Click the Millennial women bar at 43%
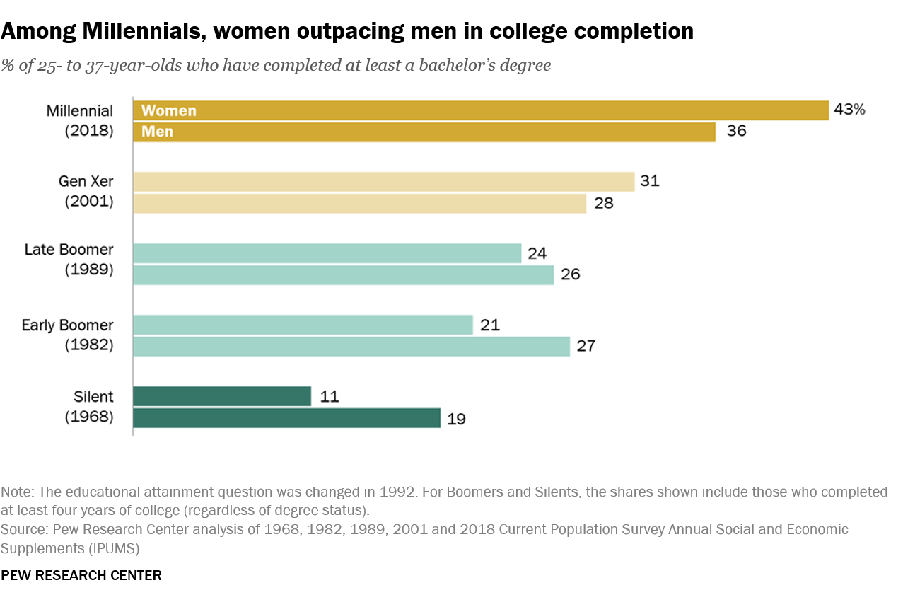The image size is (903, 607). coord(481,110)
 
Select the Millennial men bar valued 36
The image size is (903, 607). coord(424,132)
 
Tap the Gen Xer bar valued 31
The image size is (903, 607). coord(384,182)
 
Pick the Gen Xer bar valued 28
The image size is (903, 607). coord(359,204)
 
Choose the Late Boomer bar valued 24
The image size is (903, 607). coord(327,253)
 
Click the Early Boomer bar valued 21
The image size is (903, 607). coord(303,325)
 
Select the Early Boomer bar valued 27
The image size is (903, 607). coord(351,347)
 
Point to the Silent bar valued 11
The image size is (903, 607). coord(222,396)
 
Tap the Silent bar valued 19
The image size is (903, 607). coord(286,418)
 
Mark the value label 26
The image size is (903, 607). coord(570,274)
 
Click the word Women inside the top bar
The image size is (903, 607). coord(169,110)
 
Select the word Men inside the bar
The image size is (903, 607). coord(157,132)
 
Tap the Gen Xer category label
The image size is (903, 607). coord(86,182)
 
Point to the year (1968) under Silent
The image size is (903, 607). coord(89,417)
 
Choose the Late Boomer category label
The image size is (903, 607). coord(69,250)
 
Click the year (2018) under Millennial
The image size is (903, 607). coord(89,131)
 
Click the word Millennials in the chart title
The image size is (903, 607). coord(128,31)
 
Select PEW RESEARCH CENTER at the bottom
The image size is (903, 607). coord(81,575)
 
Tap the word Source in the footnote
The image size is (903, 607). coord(21,529)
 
